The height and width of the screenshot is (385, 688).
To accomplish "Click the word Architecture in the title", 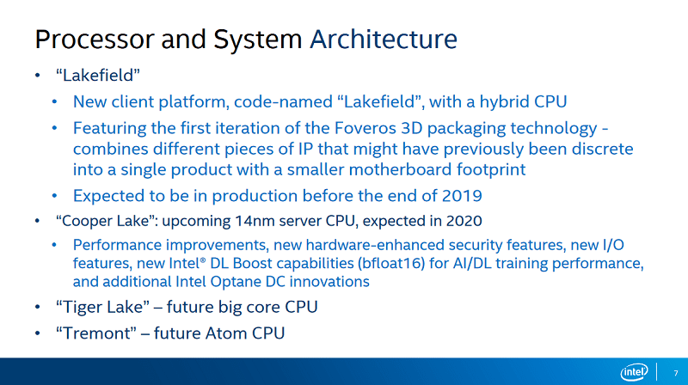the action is (384, 39).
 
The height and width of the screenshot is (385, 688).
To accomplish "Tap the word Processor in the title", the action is (95, 39).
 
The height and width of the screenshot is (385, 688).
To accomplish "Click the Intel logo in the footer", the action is (634, 372).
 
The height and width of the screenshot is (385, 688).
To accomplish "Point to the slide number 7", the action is (676, 373).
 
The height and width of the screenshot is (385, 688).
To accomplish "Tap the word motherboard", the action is (400, 169).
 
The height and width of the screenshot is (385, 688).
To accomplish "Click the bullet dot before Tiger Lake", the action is (38, 307).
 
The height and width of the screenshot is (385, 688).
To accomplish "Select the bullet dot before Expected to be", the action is (54, 196).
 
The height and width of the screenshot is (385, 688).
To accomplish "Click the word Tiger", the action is (82, 307).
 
